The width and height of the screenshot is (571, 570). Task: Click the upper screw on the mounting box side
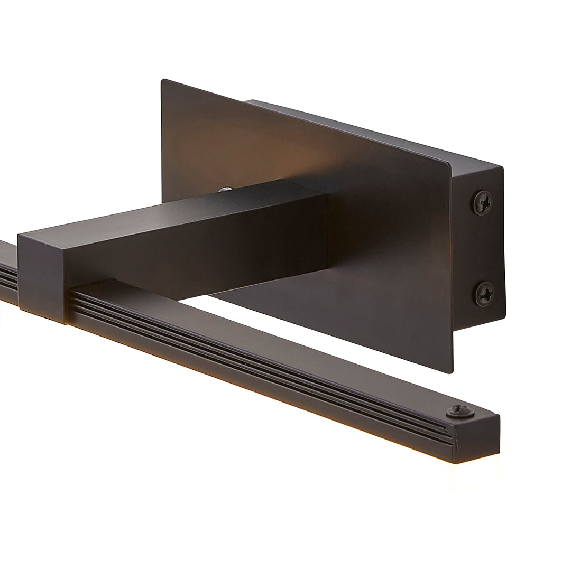tap(482, 202)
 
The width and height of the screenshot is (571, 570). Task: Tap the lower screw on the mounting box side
tap(484, 294)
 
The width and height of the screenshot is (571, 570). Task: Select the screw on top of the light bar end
tap(459, 412)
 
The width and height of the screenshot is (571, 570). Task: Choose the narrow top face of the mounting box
tap(370, 132)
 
